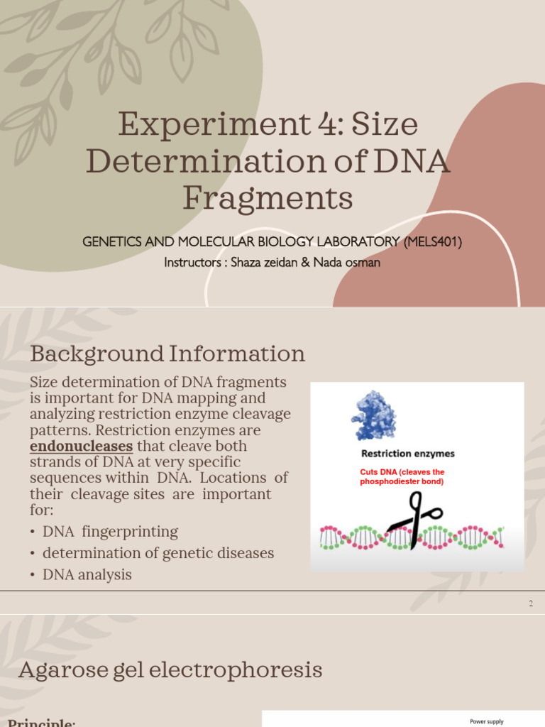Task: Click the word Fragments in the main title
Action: point(268,198)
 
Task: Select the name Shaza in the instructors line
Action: point(244,262)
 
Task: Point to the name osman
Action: point(365,262)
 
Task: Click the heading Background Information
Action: point(167,353)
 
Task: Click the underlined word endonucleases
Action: point(82,446)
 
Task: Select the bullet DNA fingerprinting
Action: point(110,531)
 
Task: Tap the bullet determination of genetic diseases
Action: point(158,552)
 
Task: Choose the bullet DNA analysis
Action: point(87,574)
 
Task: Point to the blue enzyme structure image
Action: point(374,415)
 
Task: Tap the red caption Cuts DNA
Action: point(402,476)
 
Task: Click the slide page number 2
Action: point(531,603)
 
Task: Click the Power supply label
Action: point(486,721)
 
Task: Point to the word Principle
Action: point(41,723)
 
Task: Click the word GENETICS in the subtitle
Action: point(112,242)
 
